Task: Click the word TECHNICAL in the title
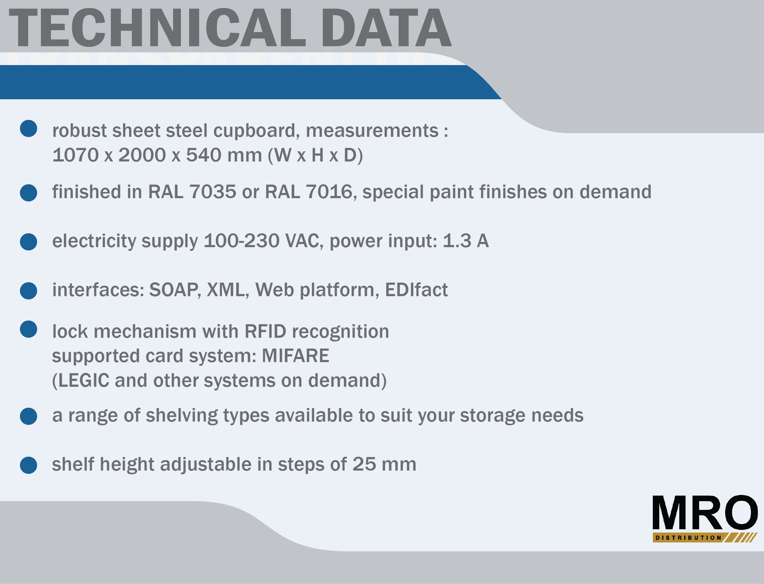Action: pyautogui.click(x=157, y=28)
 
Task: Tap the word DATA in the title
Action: pyautogui.click(x=386, y=28)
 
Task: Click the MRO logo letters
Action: pyautogui.click(x=705, y=513)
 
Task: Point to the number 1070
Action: pyautogui.click(x=75, y=155)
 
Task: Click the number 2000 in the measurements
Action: pyautogui.click(x=142, y=155)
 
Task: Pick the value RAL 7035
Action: pyautogui.click(x=192, y=192)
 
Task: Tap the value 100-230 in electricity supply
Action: pyautogui.click(x=242, y=241)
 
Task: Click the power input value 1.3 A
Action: pyautogui.click(x=466, y=241)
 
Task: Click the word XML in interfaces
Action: pyautogui.click(x=226, y=290)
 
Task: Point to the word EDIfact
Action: pyautogui.click(x=416, y=290)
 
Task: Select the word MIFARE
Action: pyautogui.click(x=295, y=356)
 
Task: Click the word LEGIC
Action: pyautogui.click(x=84, y=380)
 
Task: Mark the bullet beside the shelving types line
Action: pyautogui.click(x=28, y=416)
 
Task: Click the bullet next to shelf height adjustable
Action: pyautogui.click(x=28, y=465)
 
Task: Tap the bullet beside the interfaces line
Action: pyautogui.click(x=28, y=291)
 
